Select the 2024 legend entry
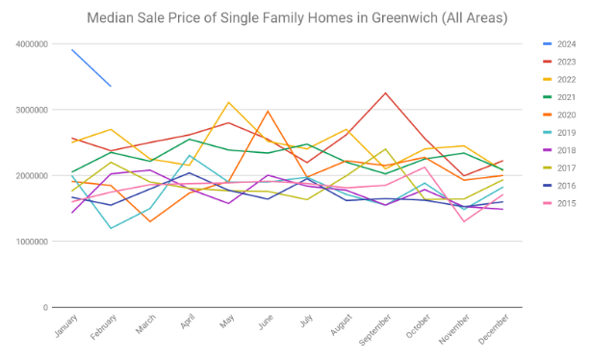tap(559, 44)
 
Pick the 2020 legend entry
tap(559, 115)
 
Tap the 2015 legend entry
tap(559, 203)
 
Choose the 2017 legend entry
tap(559, 168)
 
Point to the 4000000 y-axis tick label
tap(32, 44)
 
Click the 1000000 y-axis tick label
tap(32, 242)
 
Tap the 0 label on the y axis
tap(45, 308)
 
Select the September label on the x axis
tap(375, 330)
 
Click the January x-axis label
tap(66, 325)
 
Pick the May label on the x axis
tap(227, 321)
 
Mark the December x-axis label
tap(494, 329)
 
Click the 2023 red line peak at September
tap(385, 93)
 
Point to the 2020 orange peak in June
tap(268, 112)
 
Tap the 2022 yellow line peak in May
tap(228, 102)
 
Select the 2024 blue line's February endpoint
tap(111, 87)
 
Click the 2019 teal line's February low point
tap(111, 228)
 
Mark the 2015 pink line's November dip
tap(464, 221)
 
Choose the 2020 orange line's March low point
tap(150, 221)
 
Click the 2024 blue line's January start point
tap(72, 50)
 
